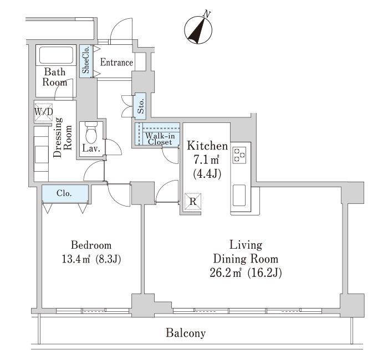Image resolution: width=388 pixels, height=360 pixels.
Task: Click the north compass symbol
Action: coord(198,30)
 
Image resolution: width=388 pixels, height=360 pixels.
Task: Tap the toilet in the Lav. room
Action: coord(91,132)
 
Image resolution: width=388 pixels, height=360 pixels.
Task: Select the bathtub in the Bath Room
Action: coord(56,55)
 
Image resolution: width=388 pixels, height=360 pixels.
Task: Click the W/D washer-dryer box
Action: coord(44,112)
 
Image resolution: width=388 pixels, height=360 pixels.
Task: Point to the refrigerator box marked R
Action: coord(193,202)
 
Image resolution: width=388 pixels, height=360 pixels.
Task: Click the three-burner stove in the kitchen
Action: coord(239,155)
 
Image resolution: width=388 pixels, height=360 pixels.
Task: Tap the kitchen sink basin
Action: coord(239,195)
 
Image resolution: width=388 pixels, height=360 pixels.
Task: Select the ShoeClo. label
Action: coord(85,61)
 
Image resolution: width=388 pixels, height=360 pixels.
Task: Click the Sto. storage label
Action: coord(141,106)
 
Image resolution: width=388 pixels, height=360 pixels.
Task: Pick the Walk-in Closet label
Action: coord(160,138)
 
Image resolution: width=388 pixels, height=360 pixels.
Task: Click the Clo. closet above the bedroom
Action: coord(65,193)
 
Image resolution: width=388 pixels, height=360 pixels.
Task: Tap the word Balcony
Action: coord(186,333)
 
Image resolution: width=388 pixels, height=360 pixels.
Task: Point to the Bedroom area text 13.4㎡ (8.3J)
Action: coord(91,260)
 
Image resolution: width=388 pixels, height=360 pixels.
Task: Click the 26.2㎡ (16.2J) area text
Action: coord(246,273)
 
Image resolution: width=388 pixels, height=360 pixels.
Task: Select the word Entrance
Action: coord(116,62)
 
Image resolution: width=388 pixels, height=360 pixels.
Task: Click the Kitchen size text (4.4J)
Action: coord(207,174)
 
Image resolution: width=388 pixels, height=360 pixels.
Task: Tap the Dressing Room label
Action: coord(63,137)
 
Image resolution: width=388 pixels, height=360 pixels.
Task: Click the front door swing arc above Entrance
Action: coord(121,29)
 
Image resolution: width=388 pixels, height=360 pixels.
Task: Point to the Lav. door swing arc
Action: coord(114,147)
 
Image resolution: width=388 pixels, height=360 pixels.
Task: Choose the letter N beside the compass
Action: coord(206,14)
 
